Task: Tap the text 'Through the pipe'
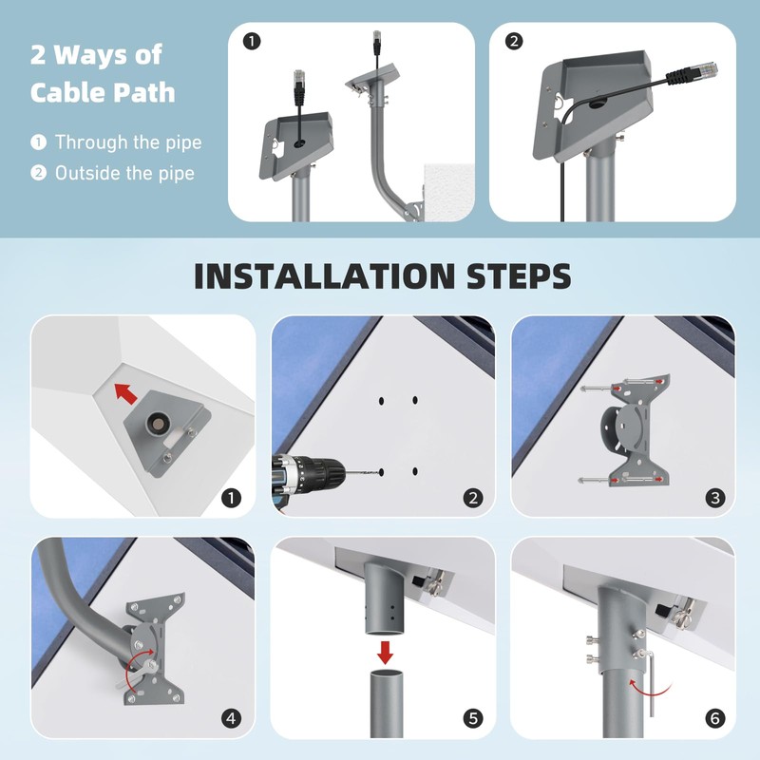pos(128,142)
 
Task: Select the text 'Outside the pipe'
pos(124,173)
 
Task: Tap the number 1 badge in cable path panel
pos(252,42)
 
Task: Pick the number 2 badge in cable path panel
pos(513,42)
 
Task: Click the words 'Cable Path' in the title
pos(103,92)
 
